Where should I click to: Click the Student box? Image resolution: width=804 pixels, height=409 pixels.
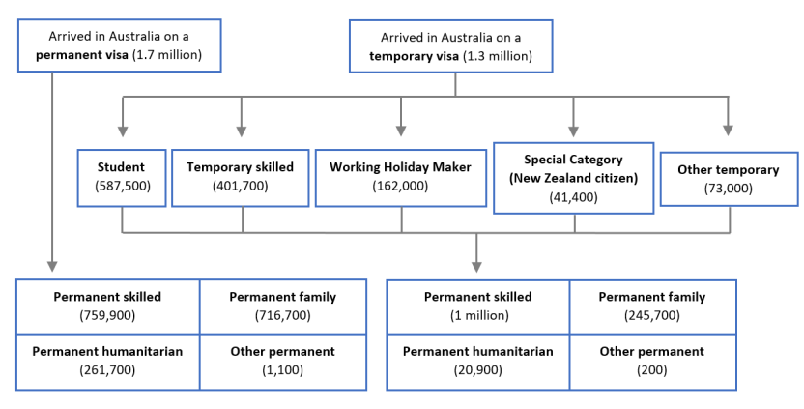click(122, 176)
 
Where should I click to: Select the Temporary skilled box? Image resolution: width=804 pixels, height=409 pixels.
click(242, 176)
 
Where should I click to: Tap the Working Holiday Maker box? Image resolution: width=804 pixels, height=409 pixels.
click(400, 176)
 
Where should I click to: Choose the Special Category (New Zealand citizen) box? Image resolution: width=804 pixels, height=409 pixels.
click(574, 177)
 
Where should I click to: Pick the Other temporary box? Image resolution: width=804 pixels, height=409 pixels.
click(729, 177)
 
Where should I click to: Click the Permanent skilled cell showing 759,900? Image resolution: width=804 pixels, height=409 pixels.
click(107, 306)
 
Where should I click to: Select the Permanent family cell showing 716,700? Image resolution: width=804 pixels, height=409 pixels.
click(282, 306)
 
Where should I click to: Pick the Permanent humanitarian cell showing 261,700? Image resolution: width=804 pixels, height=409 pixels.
click(107, 361)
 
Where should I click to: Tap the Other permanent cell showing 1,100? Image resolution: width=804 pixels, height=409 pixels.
click(282, 361)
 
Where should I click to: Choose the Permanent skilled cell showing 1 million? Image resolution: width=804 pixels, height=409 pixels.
click(477, 306)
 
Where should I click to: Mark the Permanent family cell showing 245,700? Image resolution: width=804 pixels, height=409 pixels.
click(652, 306)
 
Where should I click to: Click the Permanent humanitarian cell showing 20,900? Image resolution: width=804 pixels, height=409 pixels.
click(477, 361)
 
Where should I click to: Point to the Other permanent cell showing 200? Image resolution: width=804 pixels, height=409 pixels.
click(652, 361)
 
